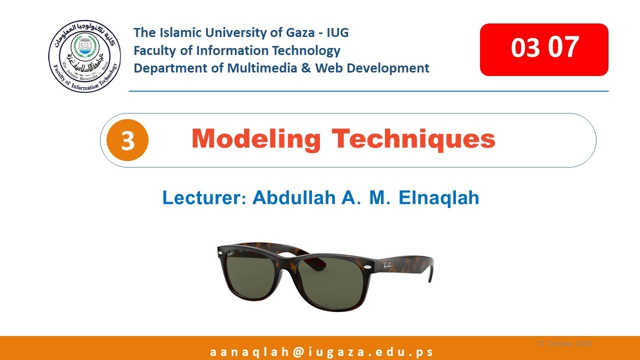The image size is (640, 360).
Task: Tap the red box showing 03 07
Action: point(544,49)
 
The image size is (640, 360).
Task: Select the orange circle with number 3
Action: point(128,140)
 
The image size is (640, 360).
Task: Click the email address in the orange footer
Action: point(321,351)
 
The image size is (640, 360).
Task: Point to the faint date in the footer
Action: point(564,343)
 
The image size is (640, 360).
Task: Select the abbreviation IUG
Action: point(337,33)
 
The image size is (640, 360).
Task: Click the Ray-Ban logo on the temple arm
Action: point(387,266)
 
